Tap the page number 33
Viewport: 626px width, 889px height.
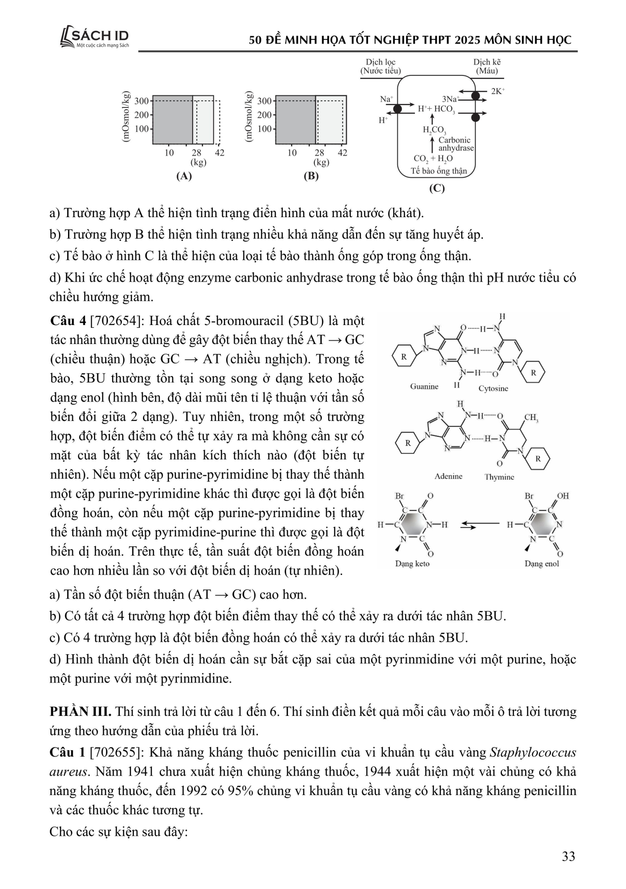(568, 856)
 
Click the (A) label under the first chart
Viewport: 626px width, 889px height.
(184, 176)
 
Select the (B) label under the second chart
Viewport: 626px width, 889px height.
(311, 176)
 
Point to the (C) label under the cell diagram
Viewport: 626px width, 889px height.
(437, 188)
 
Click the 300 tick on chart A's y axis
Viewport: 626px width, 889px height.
(142, 101)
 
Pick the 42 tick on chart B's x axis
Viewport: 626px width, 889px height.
(342, 153)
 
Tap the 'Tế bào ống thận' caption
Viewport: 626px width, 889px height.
(438, 171)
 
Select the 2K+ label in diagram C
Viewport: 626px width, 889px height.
(498, 91)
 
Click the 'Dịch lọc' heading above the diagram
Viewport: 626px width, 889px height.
(381, 62)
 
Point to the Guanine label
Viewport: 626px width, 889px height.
(424, 386)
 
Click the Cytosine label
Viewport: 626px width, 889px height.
(493, 388)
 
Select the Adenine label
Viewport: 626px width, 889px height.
(448, 476)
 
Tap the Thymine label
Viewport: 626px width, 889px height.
(499, 477)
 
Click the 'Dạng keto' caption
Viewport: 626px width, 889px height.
(412, 563)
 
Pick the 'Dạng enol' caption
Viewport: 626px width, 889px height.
(541, 563)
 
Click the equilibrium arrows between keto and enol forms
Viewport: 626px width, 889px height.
(480, 525)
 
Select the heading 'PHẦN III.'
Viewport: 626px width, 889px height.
(80, 712)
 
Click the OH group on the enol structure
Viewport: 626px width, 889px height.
(563, 496)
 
